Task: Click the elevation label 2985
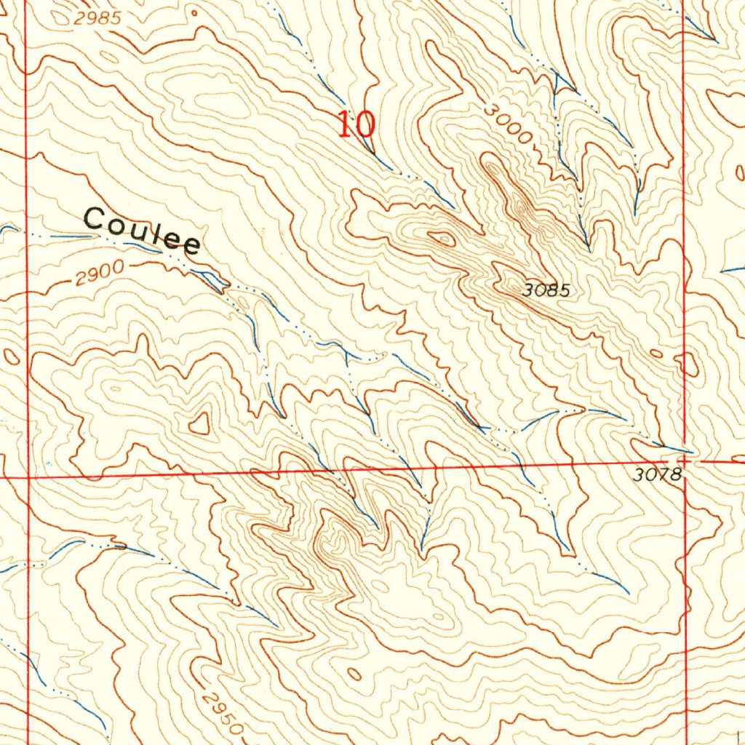[x=97, y=19]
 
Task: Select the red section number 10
[x=356, y=124]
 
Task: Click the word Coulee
[x=143, y=230]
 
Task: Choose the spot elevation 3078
[x=657, y=476]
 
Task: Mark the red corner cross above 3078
[x=684, y=460]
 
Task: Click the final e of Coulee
[x=191, y=246]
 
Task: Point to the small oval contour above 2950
[x=354, y=674]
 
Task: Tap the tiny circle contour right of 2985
[x=194, y=12]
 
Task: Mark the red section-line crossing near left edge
[x=28, y=478]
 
